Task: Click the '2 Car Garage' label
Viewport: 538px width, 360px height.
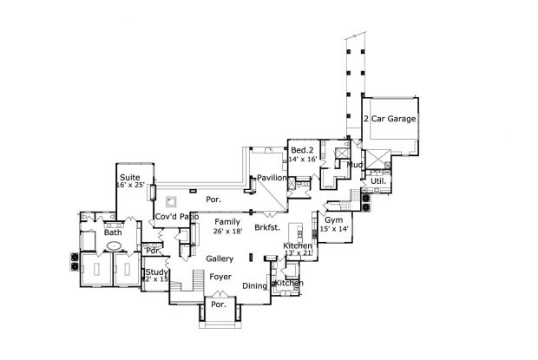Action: (390, 117)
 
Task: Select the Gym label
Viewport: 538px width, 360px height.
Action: (333, 221)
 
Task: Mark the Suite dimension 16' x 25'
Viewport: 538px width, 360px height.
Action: (133, 186)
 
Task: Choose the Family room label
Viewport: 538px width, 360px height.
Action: (228, 222)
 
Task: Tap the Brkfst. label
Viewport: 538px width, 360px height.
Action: (267, 228)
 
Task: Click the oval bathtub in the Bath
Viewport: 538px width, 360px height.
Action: (114, 246)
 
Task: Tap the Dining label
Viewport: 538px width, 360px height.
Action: (255, 285)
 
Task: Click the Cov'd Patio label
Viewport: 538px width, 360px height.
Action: (177, 216)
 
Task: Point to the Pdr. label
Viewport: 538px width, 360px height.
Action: (154, 251)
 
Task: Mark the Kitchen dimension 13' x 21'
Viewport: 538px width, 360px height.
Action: (298, 254)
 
